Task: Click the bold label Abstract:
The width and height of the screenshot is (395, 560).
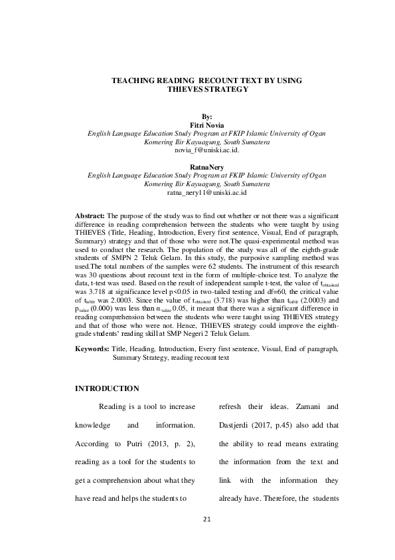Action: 90,217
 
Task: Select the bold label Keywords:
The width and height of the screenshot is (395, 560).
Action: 92,349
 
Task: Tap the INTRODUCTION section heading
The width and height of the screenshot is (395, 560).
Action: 107,388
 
